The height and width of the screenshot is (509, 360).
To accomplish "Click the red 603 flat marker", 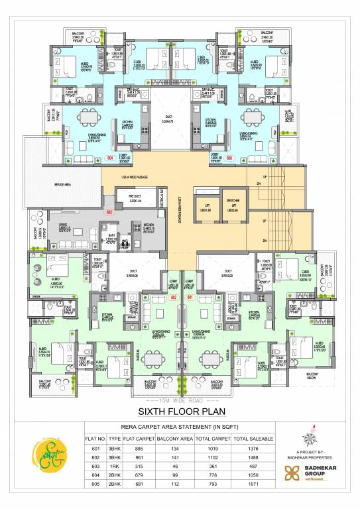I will pyautogui.click(x=108, y=212).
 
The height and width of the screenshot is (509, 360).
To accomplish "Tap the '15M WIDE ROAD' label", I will pyautogui.click(x=180, y=400).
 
